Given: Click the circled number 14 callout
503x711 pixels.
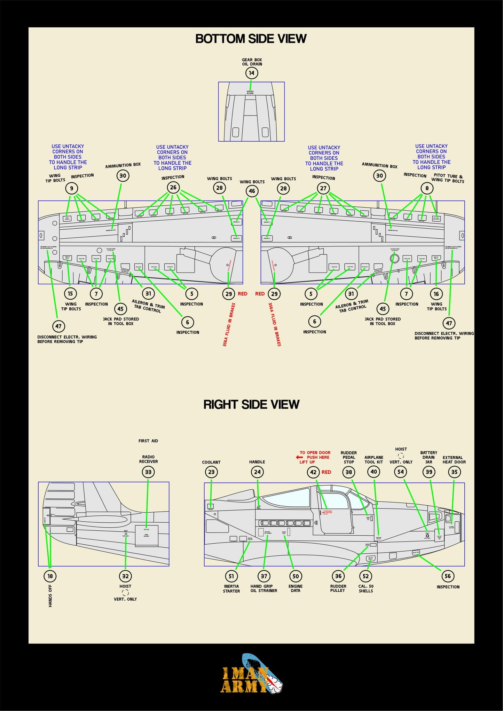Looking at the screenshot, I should pyautogui.click(x=252, y=73).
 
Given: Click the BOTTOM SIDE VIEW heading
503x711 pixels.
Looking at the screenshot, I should pyautogui.click(x=251, y=39).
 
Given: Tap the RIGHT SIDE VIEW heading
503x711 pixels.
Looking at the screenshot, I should pyautogui.click(x=251, y=404).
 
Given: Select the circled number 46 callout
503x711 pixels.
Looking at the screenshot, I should pyautogui.click(x=252, y=191).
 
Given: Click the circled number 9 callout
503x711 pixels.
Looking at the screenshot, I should pyautogui.click(x=71, y=189).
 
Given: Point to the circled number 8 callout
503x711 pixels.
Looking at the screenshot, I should pyautogui.click(x=427, y=188).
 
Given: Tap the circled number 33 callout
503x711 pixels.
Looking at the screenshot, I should pyautogui.click(x=148, y=472).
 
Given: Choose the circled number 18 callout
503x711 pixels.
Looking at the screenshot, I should pyautogui.click(x=50, y=576).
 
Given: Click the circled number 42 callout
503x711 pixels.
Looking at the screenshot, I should pyautogui.click(x=313, y=472).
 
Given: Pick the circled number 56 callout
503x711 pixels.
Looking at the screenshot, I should pyautogui.click(x=448, y=576).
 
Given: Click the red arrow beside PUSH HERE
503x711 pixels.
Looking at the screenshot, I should pyautogui.click(x=299, y=457).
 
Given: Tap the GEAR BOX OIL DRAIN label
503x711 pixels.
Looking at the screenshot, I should pyautogui.click(x=252, y=62).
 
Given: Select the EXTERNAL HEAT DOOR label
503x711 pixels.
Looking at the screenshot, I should pyautogui.click(x=454, y=460).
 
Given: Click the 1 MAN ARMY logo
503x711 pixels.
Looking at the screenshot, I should pyautogui.click(x=251, y=675).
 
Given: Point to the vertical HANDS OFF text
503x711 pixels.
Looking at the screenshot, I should pyautogui.click(x=50, y=596).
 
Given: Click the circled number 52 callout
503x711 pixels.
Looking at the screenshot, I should pyautogui.click(x=366, y=576).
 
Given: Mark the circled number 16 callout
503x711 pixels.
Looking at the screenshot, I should pyautogui.click(x=436, y=294).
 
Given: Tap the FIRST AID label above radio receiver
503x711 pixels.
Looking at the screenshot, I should pyautogui.click(x=148, y=441).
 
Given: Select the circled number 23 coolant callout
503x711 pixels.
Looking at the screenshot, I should pyautogui.click(x=211, y=472).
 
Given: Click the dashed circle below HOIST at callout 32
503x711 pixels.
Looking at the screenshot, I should pyautogui.click(x=125, y=593).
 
